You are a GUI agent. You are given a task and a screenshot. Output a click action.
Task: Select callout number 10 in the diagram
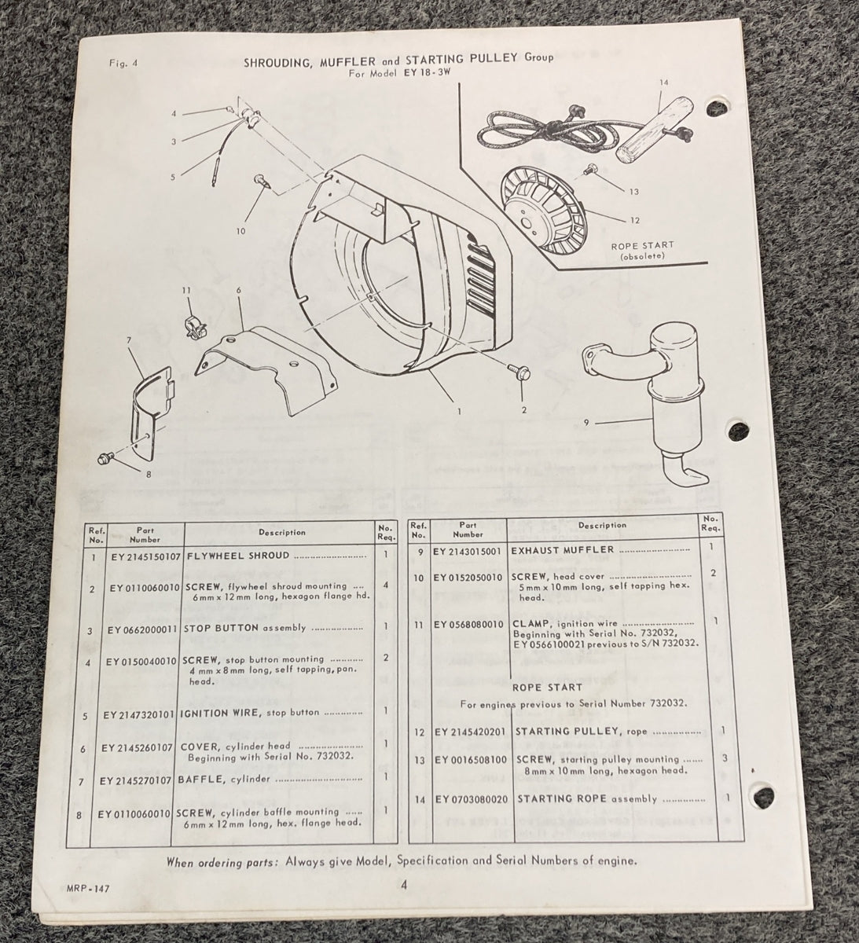[x=240, y=231]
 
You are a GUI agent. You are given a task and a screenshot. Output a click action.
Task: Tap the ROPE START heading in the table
[x=558, y=686]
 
